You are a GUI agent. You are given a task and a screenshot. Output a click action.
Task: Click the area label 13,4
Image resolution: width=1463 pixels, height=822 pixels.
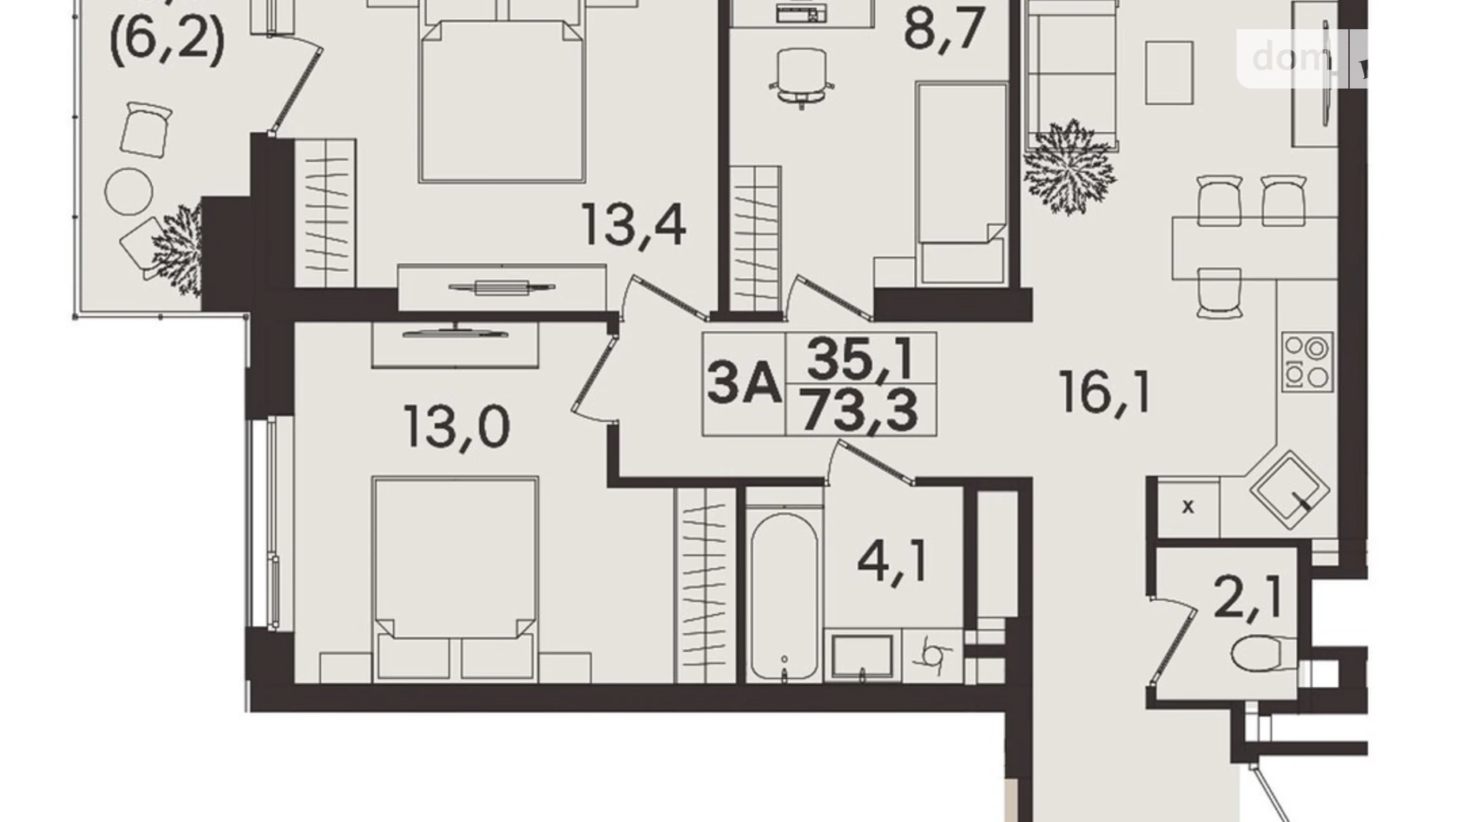coord(633,224)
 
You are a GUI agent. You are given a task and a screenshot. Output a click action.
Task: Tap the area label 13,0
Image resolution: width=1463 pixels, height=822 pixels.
coord(456,428)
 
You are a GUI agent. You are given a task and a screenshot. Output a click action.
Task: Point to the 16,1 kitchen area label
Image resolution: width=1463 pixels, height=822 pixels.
coord(1106,393)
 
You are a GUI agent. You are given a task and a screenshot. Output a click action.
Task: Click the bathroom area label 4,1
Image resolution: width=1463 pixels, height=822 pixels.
coord(892,562)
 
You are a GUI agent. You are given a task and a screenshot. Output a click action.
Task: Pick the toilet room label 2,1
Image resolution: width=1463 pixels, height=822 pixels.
coord(1246,598)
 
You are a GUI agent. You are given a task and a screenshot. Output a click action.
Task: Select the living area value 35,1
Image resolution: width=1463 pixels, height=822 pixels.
coord(860,358)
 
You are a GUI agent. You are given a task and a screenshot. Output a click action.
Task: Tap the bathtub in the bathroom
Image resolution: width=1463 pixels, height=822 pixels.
coord(784,596)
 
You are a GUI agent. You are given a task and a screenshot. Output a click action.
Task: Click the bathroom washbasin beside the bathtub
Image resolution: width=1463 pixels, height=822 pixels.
coord(861,656)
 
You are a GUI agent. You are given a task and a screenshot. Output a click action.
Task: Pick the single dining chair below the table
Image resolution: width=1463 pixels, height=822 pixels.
coord(1219,292)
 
